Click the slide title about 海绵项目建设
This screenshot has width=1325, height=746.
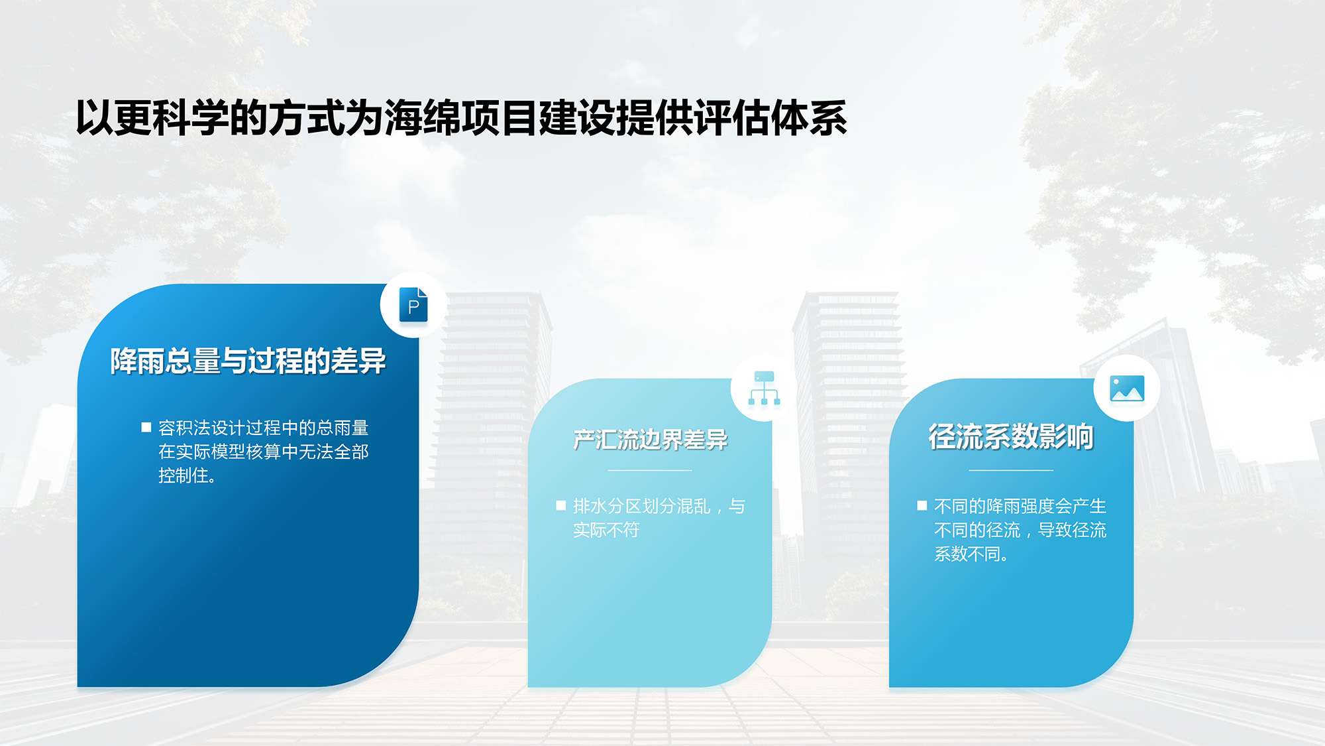462,118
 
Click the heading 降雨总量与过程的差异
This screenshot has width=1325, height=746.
248,361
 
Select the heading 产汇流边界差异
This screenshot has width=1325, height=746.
650,440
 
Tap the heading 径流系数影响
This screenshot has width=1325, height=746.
1011,436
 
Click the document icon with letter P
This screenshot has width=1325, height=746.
413,305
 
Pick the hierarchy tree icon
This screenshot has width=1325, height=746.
764,388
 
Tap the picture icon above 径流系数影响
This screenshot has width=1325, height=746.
1127,389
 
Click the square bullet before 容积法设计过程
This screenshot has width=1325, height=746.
146,428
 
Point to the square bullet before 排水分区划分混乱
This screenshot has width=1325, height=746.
561,506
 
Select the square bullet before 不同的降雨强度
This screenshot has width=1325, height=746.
922,506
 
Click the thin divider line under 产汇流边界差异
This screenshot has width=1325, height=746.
650,470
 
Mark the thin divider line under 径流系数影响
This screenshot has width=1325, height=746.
1011,470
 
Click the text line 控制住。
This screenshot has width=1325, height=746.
187,475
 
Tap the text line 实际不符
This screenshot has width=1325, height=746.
606,530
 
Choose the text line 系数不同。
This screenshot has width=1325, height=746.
972,554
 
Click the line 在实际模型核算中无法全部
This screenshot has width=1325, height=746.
264,452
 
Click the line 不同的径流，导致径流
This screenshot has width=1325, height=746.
1020,530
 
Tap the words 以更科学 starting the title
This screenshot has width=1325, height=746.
152,118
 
